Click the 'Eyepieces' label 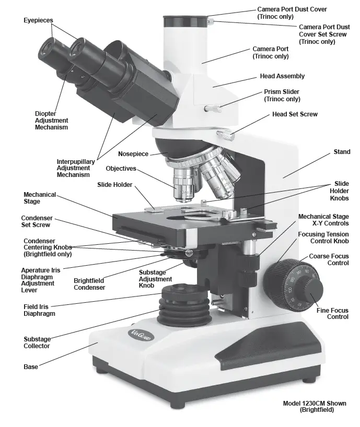pos(38,20)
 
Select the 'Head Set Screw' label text pos(295,114)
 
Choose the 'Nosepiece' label pos(133,154)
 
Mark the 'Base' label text pos(31,367)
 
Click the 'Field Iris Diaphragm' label pos(39,310)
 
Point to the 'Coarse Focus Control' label pos(329,259)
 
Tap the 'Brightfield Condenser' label pos(89,284)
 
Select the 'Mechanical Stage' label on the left pos(39,198)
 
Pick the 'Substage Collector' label pos(37,342)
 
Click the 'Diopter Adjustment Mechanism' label pos(51,120)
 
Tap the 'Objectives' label pos(121,169)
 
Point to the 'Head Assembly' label pos(282,76)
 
